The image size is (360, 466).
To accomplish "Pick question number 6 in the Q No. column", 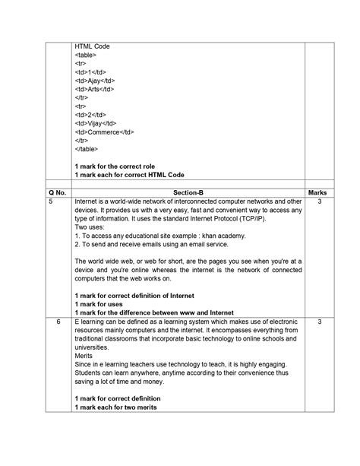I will tap(57, 322).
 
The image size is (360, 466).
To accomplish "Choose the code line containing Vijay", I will tap(96, 122).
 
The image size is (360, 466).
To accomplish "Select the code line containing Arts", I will tap(94, 89).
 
